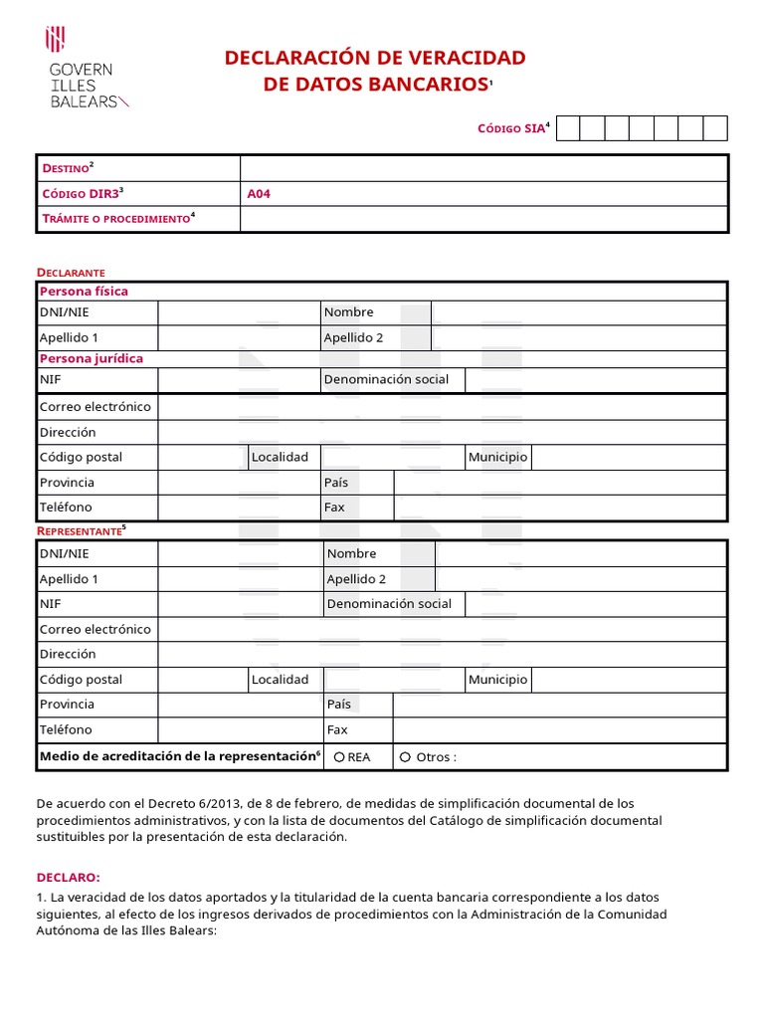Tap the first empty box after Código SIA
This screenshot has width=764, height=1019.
566,128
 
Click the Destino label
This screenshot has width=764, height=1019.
65,168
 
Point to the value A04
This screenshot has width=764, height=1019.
259,194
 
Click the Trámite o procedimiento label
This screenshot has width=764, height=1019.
115,218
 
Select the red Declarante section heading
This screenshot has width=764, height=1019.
71,272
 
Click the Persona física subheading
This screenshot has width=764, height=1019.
84,292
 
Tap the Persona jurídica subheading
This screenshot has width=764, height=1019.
91,358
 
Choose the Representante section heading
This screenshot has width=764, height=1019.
80,530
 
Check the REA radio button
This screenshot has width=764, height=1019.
339,757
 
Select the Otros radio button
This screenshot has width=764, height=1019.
405,757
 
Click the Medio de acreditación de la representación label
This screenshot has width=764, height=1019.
177,756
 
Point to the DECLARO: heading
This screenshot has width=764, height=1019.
69,877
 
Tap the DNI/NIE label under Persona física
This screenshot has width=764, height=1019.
65,312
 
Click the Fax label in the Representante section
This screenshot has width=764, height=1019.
337,729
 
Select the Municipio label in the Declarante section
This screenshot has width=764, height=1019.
497,458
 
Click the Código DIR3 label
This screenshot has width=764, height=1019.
80,194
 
